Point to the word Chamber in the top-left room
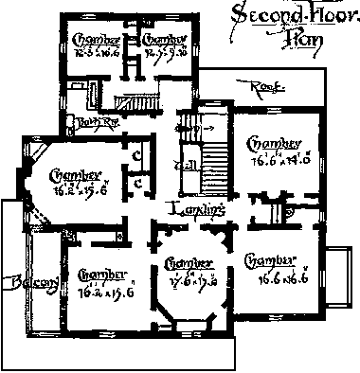95,39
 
